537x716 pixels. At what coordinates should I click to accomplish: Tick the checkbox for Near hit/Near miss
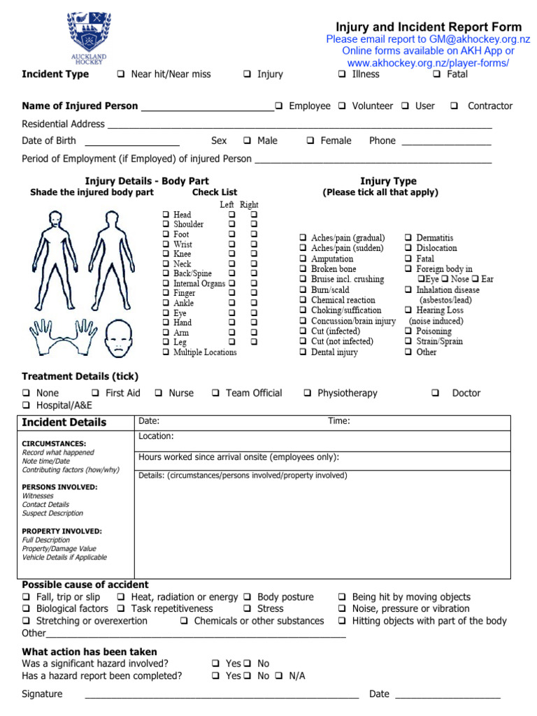121,74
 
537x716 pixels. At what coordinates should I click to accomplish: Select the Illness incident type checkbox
342,74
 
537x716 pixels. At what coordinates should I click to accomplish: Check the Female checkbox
310,141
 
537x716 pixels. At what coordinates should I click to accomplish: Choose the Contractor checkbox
454,106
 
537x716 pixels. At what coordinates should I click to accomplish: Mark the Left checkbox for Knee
232,255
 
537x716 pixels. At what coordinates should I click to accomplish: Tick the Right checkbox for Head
254,215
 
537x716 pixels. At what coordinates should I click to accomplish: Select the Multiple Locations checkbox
165,352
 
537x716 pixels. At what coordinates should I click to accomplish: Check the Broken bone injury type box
303,269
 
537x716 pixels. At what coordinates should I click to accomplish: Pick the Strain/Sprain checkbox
408,342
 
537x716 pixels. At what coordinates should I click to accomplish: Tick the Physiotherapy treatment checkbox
308,393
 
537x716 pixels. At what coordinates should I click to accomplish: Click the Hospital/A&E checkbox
26,406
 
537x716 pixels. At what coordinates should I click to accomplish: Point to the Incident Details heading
64,422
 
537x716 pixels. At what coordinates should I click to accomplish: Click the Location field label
156,436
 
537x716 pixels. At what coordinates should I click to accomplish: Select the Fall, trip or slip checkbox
26,597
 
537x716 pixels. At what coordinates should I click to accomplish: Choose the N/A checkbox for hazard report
278,676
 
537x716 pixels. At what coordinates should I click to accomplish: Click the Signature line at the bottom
221,695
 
